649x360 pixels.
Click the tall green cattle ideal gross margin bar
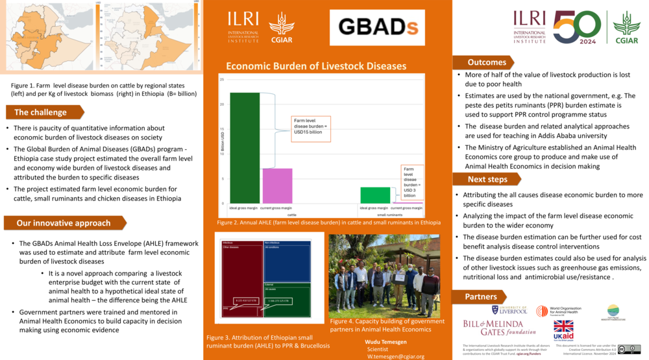tap(245, 147)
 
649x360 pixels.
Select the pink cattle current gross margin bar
tap(277, 186)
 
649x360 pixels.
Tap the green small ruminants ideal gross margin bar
tap(375, 195)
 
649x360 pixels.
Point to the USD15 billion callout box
tap(311, 128)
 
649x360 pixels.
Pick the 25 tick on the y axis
tap(222, 80)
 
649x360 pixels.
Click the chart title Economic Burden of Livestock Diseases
tap(315, 66)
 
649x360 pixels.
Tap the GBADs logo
tap(377, 27)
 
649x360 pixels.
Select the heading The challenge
tap(41, 112)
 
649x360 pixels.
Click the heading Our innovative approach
tap(64, 223)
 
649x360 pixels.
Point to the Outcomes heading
tap(487, 62)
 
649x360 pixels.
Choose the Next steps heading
tap(487, 179)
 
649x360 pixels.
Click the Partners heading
tap(481, 296)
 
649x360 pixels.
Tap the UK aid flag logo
tap(563, 330)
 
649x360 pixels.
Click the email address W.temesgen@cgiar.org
tap(396, 356)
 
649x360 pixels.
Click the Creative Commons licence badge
tap(629, 349)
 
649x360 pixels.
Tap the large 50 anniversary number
tap(576, 27)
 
